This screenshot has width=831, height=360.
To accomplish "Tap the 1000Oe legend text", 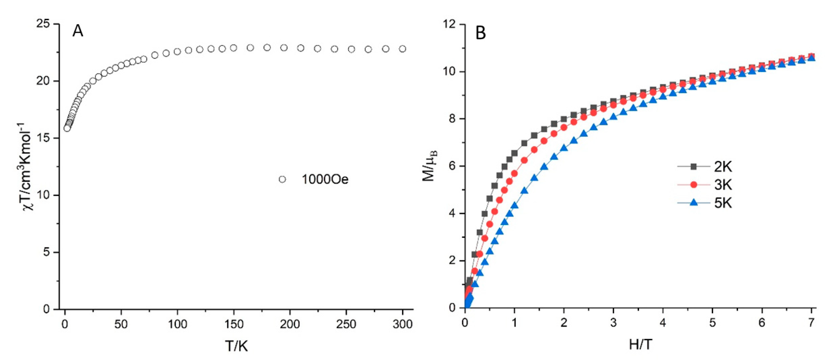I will coord(325,179).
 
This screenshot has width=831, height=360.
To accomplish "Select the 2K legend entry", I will coord(723,167).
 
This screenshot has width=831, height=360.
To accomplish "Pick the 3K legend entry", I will coord(723,185).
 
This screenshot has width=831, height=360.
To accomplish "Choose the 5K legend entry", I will coord(723,203).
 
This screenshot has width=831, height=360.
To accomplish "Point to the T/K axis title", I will coord(236,346).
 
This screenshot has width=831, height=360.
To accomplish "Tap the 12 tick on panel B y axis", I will coord(451,24).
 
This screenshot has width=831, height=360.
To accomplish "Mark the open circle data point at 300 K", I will coord(403,49).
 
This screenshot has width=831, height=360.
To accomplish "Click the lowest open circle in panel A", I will coord(67,128).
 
